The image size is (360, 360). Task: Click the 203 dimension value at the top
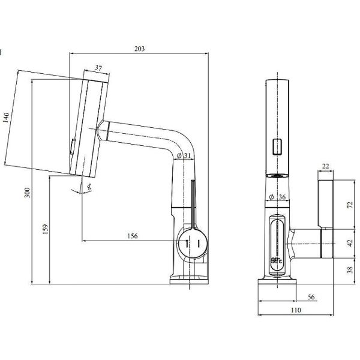click(139, 49)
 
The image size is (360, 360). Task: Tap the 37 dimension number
click(98, 67)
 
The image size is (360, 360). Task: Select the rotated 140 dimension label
click(7, 117)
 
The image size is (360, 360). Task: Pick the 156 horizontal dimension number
click(133, 236)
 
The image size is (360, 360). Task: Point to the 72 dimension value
click(350, 203)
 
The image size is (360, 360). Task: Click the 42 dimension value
click(350, 244)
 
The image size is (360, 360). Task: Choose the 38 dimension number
click(350, 271)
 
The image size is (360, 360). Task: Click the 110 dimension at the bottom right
click(296, 310)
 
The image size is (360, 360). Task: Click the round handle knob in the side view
click(193, 244)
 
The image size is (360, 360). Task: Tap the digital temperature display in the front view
click(277, 262)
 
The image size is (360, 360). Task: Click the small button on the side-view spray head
click(73, 146)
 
